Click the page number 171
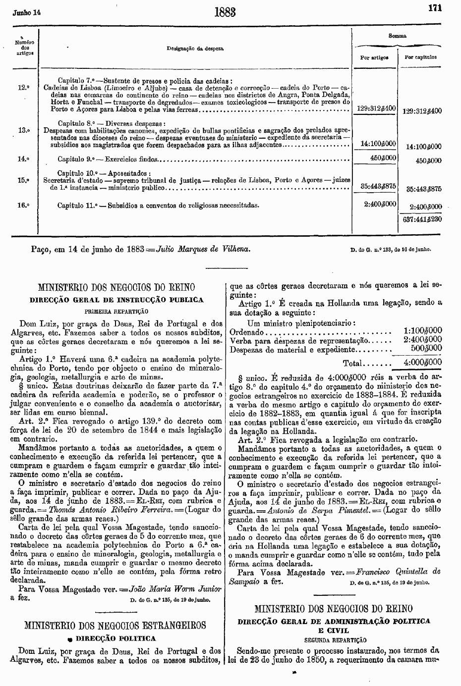pyautogui.click(x=435, y=8)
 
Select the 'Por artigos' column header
pyautogui.click(x=374, y=57)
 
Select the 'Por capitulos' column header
pyautogui.click(x=421, y=57)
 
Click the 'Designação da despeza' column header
pyautogui.click(x=195, y=49)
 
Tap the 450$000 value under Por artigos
pyautogui.click(x=384, y=158)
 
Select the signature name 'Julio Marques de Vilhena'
pyautogui.click(x=203, y=249)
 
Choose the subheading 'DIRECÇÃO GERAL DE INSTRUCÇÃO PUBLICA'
pyautogui.click(x=116, y=300)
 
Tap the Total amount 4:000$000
pyautogui.click(x=422, y=363)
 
